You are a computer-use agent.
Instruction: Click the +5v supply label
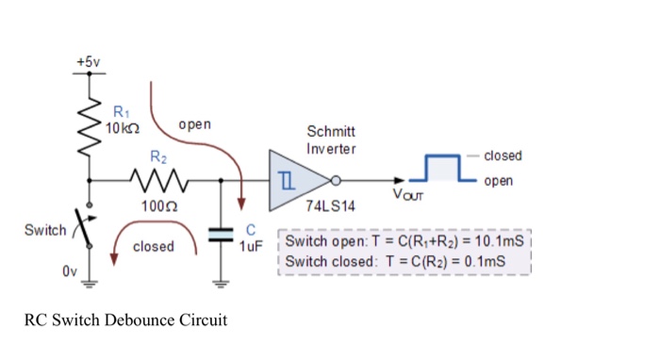coord(88,61)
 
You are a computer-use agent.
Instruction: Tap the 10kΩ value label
coord(124,127)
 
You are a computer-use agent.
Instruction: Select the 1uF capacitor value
coord(251,245)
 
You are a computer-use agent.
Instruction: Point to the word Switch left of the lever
coord(45,230)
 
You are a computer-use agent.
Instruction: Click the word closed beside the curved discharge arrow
coord(153,246)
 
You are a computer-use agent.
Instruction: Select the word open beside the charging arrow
coord(194,124)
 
